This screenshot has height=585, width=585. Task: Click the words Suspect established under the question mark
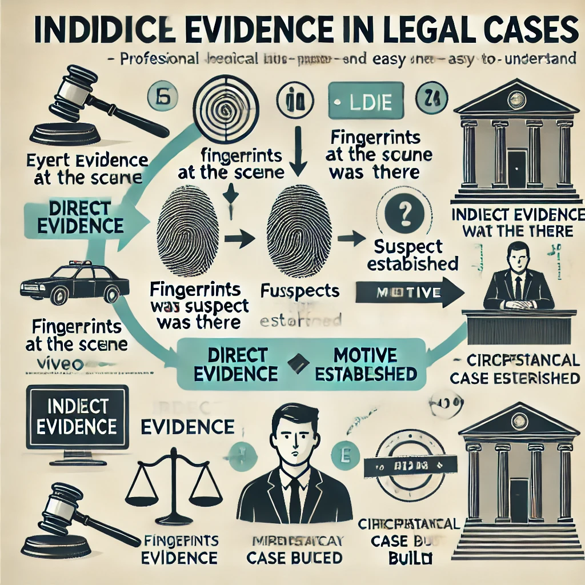(413, 255)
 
